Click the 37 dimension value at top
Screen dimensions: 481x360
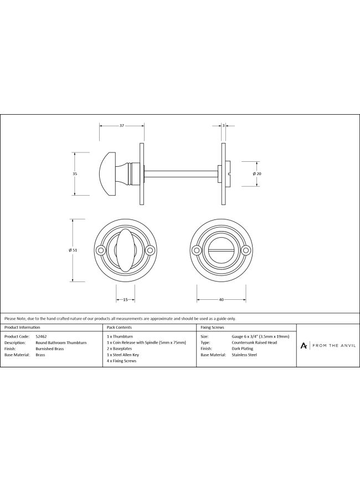(121, 126)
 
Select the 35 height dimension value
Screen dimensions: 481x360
(75, 174)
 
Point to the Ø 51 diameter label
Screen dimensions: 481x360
(73, 250)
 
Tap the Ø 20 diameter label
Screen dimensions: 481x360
(257, 174)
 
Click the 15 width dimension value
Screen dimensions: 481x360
(125, 300)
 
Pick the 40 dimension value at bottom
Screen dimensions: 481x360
(221, 300)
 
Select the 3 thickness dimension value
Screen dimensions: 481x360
(223, 126)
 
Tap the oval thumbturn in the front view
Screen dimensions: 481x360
(125, 250)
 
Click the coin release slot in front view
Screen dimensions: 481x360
(221, 250)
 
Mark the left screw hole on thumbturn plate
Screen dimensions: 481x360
(101, 250)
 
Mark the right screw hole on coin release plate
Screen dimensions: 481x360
(245, 250)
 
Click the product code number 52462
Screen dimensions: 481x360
(40, 336)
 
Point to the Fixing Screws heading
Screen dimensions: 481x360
(212, 328)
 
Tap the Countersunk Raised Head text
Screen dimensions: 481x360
(254, 342)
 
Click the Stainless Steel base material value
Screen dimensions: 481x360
(245, 355)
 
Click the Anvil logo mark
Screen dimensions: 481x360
(304, 346)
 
